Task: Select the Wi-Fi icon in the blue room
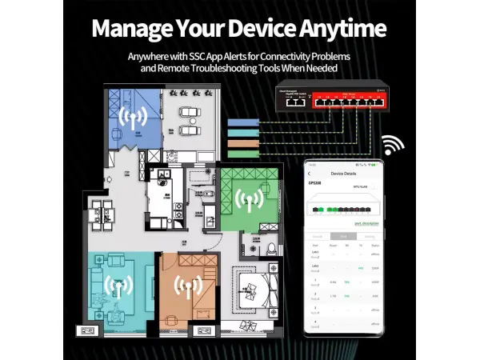coord(132,118)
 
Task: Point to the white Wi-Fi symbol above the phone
coord(393,146)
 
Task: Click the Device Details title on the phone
coord(344,173)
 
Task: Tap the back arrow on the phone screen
coord(312,173)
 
